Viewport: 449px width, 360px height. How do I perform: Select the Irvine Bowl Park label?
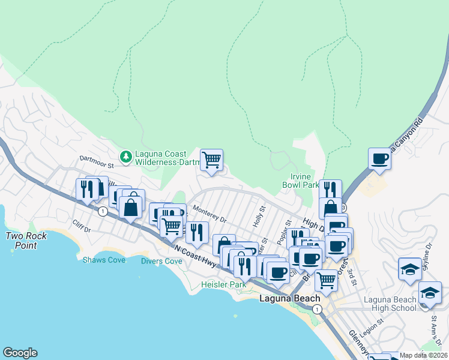point(301,181)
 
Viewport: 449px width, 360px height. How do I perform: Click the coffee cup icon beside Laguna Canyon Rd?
point(379,159)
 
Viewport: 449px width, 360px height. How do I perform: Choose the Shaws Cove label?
point(104,260)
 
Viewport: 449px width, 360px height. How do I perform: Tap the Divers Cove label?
point(161,261)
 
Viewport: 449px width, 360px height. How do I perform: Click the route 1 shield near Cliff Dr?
point(103,211)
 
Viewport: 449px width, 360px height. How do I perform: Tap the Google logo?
point(20,353)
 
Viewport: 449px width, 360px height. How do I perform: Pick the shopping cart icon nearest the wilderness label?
point(211,160)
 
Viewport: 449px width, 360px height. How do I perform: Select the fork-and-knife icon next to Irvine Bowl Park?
point(330,190)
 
